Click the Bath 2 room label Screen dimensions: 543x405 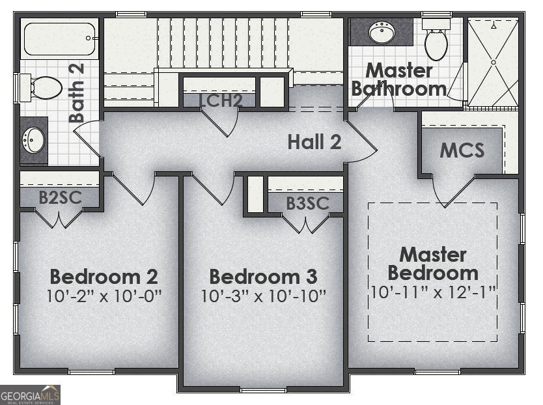[x=77, y=92]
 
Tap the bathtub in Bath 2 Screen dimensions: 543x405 [x=59, y=39]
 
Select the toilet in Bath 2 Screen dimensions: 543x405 [x=40, y=88]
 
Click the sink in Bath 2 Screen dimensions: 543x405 [x=33, y=140]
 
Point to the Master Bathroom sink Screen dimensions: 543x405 [x=382, y=32]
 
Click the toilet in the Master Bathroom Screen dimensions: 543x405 [x=436, y=40]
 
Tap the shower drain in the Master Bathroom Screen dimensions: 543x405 [x=494, y=62]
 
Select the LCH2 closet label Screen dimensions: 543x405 [x=221, y=100]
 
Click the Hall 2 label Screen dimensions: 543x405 [x=314, y=142]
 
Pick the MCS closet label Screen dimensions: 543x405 [x=462, y=150]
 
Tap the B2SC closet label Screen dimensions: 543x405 [x=61, y=197]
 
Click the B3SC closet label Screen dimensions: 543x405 [x=307, y=203]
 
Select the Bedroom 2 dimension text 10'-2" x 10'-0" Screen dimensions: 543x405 [x=104, y=296]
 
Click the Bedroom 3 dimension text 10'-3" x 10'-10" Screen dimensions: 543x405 [x=264, y=296]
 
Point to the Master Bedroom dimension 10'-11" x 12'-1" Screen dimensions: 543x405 [x=433, y=292]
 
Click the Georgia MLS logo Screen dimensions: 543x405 [x=30, y=395]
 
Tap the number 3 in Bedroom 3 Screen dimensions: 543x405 [x=311, y=277]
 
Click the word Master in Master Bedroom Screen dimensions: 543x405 [x=433, y=255]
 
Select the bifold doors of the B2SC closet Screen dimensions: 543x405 [x=59, y=219]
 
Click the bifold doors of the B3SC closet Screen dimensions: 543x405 [x=306, y=224]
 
